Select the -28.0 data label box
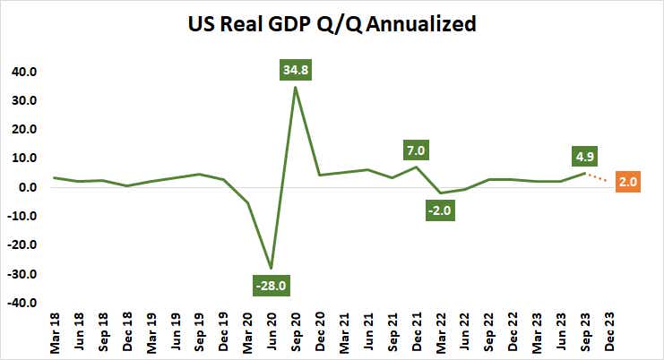point(271,287)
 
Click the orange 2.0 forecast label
point(626,182)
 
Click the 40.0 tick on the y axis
point(22,72)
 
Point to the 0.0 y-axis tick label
point(25,188)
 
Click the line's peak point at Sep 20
point(295,87)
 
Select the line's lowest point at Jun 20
point(271,268)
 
